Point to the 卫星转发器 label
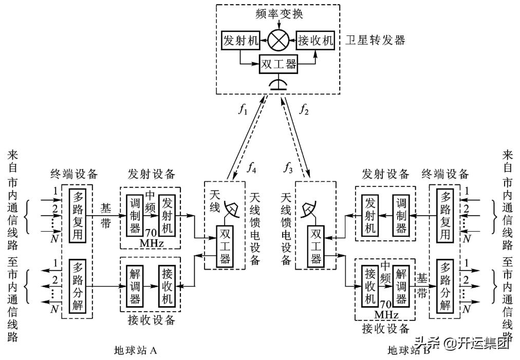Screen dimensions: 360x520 click(x=375, y=40)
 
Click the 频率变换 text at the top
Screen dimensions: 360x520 click(x=278, y=14)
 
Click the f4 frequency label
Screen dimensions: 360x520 click(x=251, y=167)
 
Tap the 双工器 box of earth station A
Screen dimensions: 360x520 click(x=225, y=246)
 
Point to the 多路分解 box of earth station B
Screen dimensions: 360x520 click(x=445, y=286)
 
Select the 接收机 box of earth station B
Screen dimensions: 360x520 click(x=370, y=286)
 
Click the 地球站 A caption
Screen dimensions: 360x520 click(x=135, y=350)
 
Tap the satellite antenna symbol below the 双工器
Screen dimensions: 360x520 click(x=278, y=84)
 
